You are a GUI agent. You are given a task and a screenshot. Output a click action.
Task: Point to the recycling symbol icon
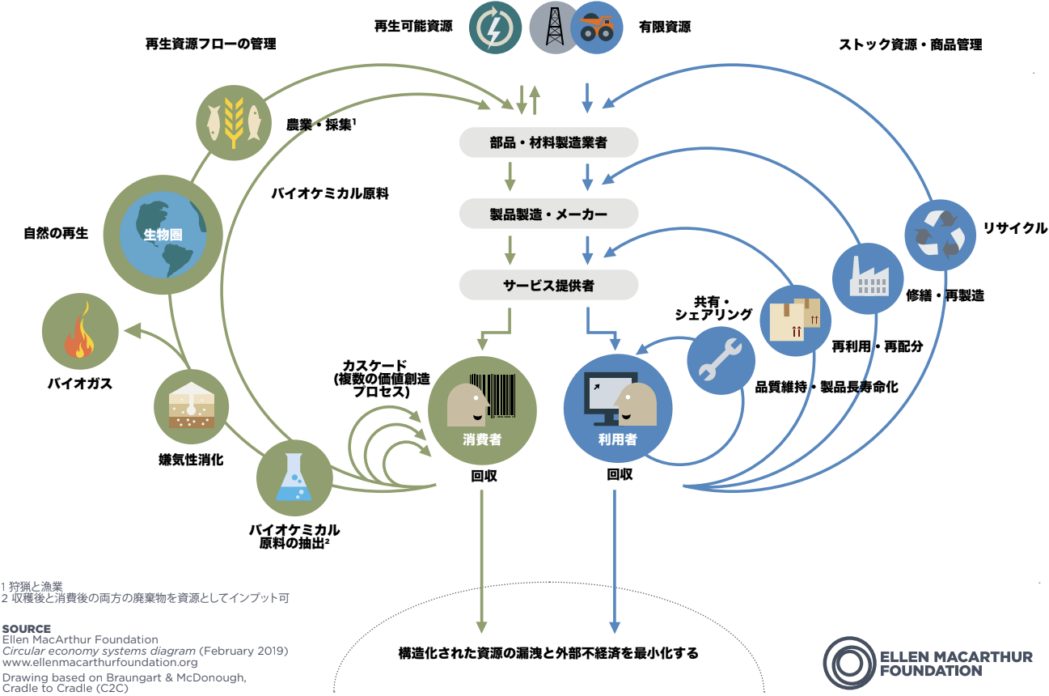pyautogui.click(x=940, y=236)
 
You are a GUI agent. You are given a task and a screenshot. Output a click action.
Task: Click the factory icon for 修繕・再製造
pyautogui.click(x=868, y=278)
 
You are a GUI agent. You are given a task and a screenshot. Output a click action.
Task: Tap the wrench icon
pyautogui.click(x=721, y=359)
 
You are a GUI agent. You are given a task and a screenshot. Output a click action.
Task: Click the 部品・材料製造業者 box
pyautogui.click(x=549, y=143)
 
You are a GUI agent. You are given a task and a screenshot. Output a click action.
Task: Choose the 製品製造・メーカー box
pyautogui.click(x=549, y=214)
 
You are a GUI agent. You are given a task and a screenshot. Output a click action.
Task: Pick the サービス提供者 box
pyautogui.click(x=549, y=285)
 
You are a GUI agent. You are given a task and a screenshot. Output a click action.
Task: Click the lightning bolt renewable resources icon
pyautogui.click(x=493, y=27)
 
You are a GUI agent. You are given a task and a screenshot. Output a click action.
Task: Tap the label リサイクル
pyautogui.click(x=1014, y=228)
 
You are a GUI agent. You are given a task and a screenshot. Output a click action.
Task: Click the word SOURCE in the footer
pyautogui.click(x=27, y=629)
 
